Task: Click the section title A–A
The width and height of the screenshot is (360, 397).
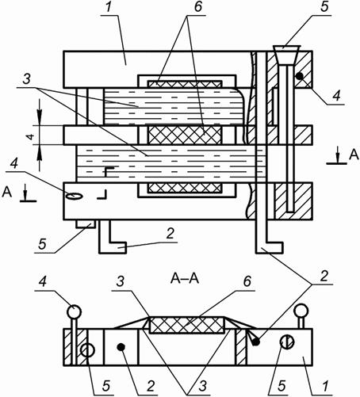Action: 185,278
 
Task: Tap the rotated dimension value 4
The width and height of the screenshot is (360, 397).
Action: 31,136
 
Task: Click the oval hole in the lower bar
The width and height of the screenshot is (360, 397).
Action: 75,196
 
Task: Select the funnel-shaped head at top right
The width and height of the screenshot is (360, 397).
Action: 286,55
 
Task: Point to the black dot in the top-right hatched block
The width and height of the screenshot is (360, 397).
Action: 299,76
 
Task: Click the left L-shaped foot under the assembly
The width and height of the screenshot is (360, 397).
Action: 112,237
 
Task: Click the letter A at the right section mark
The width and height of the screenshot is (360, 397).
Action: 354,155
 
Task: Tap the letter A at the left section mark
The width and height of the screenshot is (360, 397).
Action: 7,192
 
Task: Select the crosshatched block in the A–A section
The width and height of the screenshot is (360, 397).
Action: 186,325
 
